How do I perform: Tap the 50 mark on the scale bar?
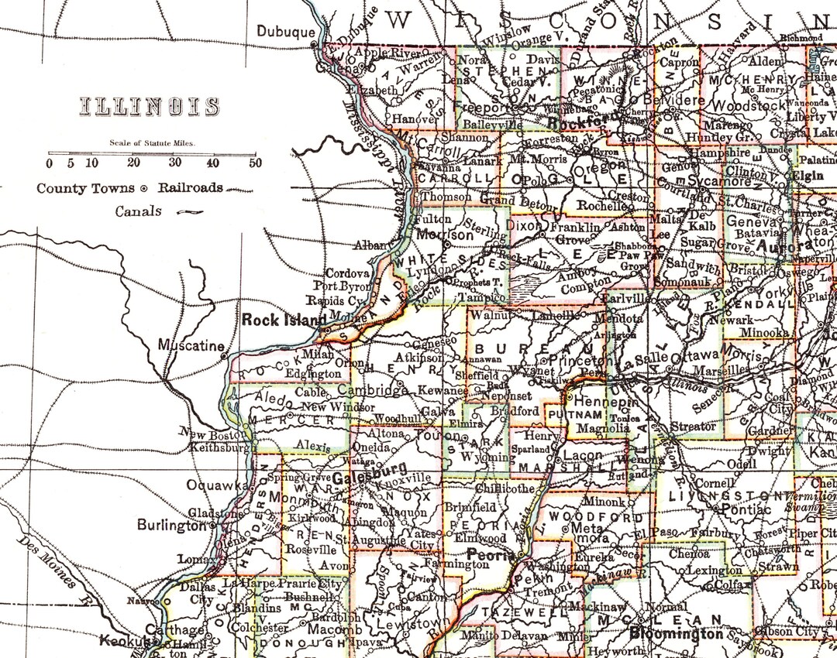[255, 163]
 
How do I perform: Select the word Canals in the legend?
[139, 211]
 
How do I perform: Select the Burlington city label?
[171, 525]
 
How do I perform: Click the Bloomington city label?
[676, 633]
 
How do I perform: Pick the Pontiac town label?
[743, 509]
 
